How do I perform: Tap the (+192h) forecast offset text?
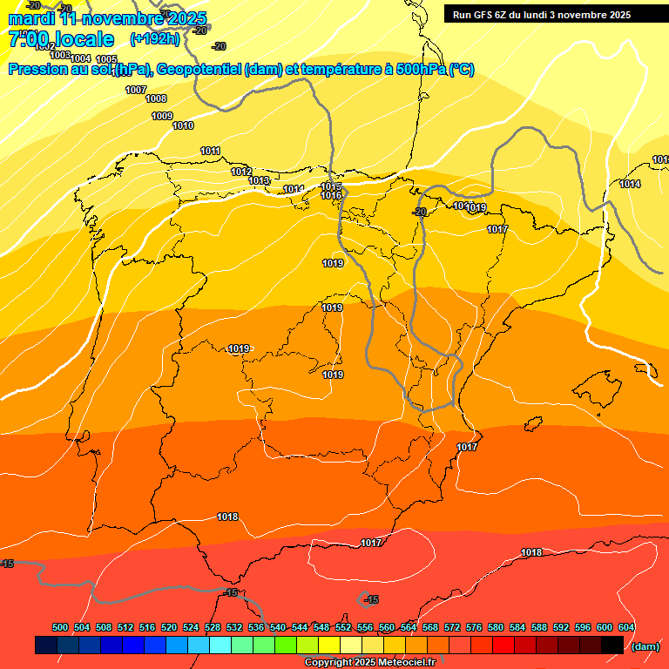click(x=154, y=38)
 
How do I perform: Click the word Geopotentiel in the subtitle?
click(x=200, y=70)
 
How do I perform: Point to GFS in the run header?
click(x=485, y=15)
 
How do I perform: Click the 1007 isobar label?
click(x=136, y=90)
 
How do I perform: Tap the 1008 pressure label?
click(x=156, y=98)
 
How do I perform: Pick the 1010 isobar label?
click(x=183, y=125)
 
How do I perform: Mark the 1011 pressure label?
click(x=210, y=151)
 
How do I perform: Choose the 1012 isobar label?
click(x=241, y=171)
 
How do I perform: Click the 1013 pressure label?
click(x=259, y=180)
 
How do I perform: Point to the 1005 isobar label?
click(x=106, y=59)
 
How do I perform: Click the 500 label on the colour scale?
click(x=60, y=627)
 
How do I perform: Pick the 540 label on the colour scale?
click(x=278, y=627)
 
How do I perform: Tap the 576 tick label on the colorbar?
click(x=474, y=627)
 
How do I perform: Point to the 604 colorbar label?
click(x=626, y=627)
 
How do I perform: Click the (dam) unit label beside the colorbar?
click(x=645, y=645)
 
